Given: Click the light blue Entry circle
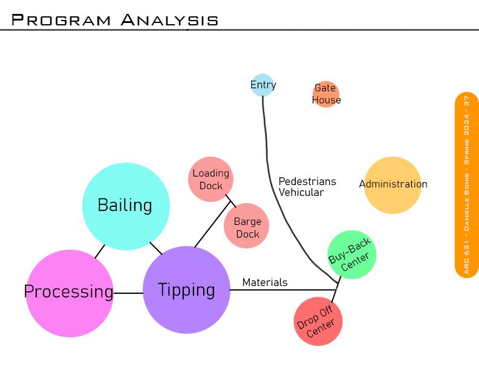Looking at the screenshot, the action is [x=262, y=85].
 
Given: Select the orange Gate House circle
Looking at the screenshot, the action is [x=326, y=94].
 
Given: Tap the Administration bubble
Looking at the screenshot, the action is [x=393, y=185].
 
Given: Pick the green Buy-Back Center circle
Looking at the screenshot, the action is [x=351, y=255].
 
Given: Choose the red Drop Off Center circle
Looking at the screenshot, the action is [x=318, y=321].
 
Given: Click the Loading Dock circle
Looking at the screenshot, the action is [x=210, y=179].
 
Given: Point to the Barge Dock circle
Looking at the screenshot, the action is [x=246, y=226].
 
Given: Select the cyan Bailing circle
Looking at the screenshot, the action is [x=126, y=206].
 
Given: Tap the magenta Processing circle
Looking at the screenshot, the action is [x=70, y=293].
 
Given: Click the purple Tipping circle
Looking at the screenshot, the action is [x=186, y=290].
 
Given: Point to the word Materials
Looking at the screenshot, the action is [x=265, y=282].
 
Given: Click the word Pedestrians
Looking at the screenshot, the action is [x=307, y=181].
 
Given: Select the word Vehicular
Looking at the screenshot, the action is [x=301, y=193].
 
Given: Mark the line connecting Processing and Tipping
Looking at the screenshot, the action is [x=128, y=293].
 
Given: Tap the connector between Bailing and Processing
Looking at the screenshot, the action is [x=100, y=251].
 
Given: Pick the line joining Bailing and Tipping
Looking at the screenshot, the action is [x=156, y=248].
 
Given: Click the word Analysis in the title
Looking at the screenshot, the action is [x=169, y=20].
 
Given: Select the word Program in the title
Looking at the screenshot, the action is [x=61, y=20].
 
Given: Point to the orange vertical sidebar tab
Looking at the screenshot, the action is [x=466, y=185].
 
